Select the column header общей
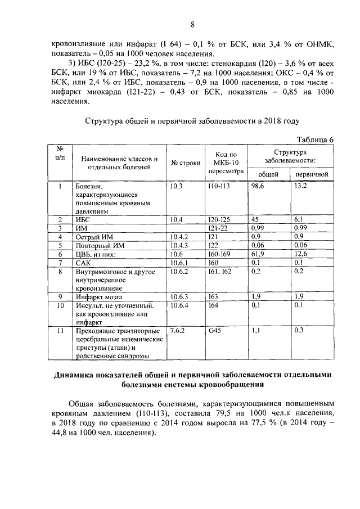tap(267, 175)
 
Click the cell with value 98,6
tap(258, 186)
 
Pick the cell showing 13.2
tap(300, 186)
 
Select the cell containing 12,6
tap(300, 255)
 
